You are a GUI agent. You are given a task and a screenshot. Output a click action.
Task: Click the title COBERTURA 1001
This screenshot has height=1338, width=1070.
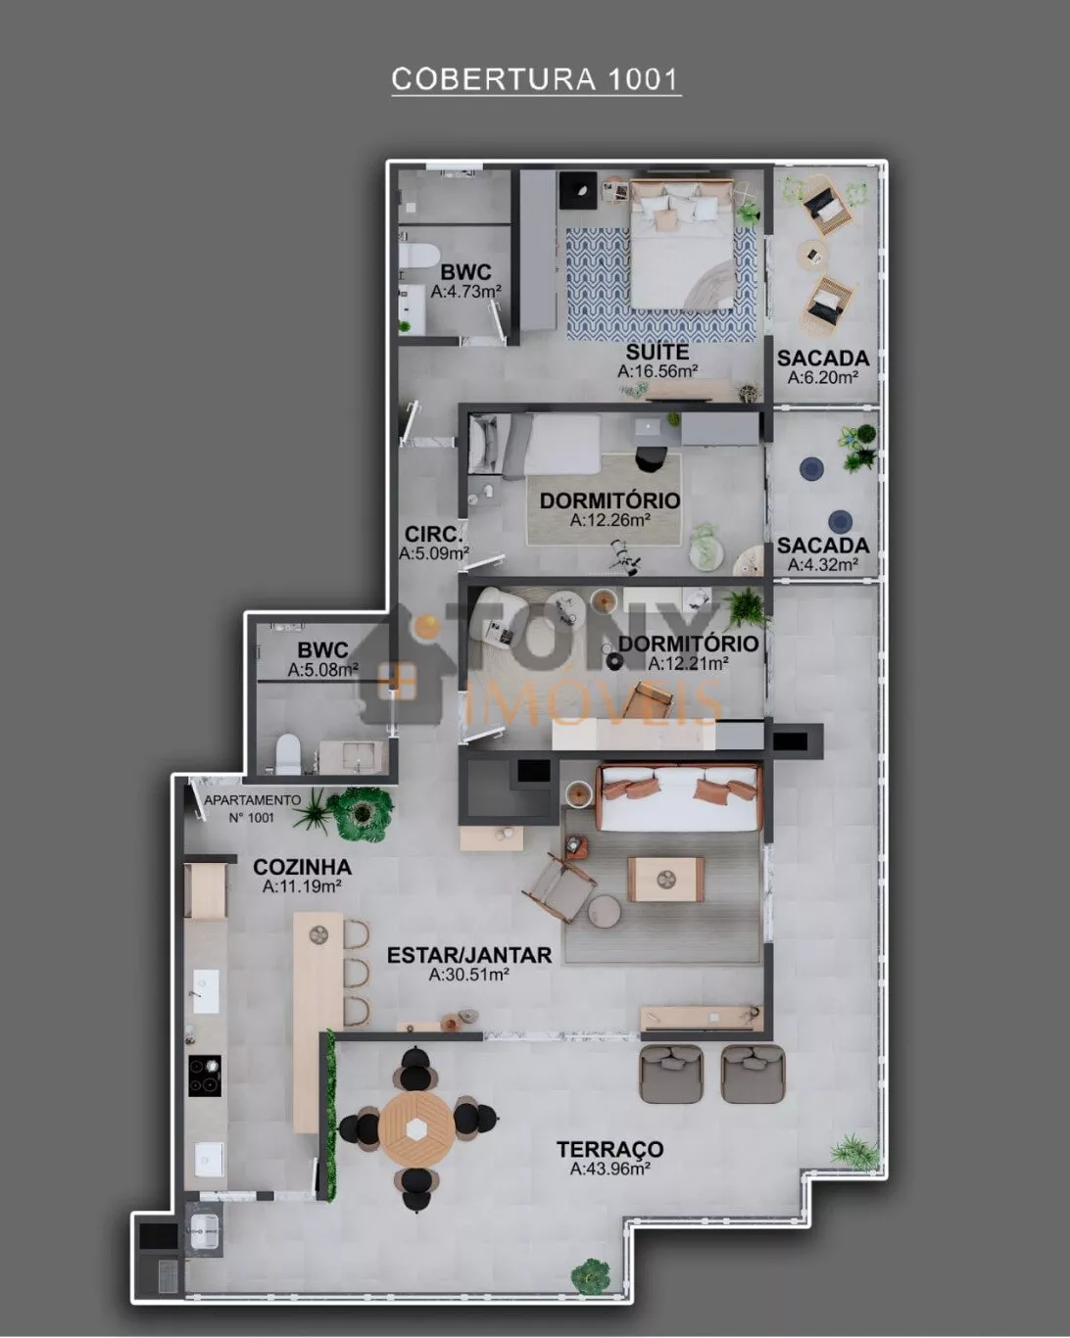coord(535,79)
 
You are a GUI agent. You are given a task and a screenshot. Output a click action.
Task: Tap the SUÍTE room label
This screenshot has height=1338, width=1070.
coord(657,352)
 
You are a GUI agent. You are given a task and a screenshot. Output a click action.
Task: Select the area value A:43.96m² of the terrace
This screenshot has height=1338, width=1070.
coord(609,1169)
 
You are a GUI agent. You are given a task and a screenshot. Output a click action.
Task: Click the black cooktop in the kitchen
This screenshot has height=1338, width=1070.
coord(205,1075)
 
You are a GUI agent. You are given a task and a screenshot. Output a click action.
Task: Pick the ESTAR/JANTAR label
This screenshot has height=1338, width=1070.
coord(469,955)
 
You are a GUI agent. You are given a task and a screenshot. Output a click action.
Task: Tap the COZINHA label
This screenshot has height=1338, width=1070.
coord(303,867)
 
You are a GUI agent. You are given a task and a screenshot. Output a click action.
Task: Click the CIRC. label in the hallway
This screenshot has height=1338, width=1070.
coord(434,534)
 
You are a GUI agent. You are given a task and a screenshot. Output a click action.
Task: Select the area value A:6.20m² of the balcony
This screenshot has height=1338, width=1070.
coord(823,377)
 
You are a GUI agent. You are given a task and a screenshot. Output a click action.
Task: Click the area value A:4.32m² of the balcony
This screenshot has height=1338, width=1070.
coord(823,564)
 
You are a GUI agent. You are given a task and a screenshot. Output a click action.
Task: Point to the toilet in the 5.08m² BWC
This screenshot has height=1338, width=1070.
coord(287,753)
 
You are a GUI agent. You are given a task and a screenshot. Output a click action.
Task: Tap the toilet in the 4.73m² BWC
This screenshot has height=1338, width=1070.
coord(418,256)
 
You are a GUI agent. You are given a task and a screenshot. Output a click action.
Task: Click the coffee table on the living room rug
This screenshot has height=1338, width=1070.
coord(665,880)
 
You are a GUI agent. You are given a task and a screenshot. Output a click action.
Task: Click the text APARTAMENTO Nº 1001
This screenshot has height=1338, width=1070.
coord(252,809)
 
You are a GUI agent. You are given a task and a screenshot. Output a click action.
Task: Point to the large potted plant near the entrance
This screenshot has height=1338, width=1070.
coord(361,813)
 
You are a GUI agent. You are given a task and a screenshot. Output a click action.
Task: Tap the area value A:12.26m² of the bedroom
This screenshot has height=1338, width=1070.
coord(610,520)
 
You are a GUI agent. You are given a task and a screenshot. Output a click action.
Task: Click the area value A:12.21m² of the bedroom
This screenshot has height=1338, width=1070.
coord(688,663)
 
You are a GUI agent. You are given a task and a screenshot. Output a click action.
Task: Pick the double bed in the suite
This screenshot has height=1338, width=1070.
coord(682,244)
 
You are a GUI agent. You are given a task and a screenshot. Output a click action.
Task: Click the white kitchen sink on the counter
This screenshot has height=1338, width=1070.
coord(206,988)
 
